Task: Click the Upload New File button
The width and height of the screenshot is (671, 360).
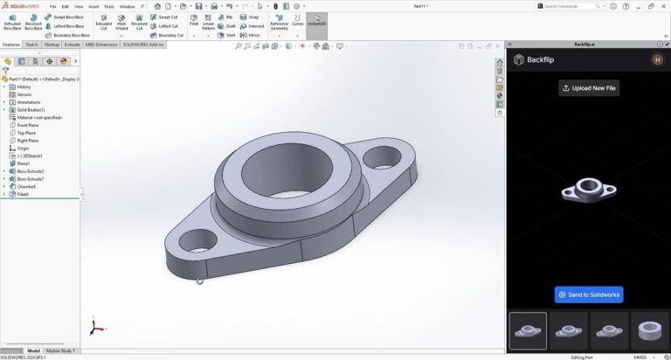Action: [x=589, y=88]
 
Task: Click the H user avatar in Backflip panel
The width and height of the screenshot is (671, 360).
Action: [x=657, y=59]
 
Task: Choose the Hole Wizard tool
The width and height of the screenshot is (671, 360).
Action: [x=121, y=24]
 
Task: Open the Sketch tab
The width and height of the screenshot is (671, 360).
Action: [x=31, y=44]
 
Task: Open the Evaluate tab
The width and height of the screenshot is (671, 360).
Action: [x=72, y=44]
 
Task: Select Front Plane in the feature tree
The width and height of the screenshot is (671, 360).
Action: [x=28, y=125]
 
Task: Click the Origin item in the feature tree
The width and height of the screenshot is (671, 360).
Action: [x=23, y=148]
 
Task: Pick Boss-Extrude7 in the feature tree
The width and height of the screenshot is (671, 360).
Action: [x=31, y=178]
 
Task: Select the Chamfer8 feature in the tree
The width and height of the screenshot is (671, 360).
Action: [x=26, y=186]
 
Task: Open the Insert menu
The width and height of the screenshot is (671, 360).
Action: [x=93, y=6]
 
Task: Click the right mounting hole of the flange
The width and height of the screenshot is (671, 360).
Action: [x=381, y=157]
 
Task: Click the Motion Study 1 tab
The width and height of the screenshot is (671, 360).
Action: [x=61, y=350]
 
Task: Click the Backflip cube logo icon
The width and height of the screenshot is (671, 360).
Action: [x=519, y=60]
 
